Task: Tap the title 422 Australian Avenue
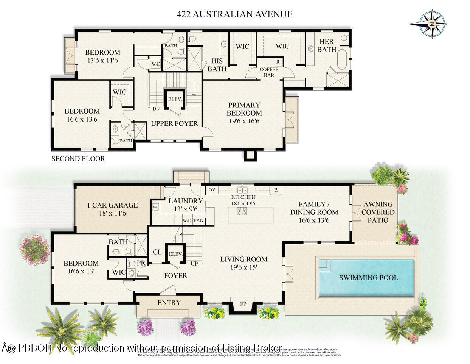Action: [x=234, y=14]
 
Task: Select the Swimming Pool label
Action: [x=368, y=278]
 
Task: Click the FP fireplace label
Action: [x=243, y=304]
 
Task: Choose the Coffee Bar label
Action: [x=269, y=72]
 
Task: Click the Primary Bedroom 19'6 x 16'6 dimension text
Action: [x=244, y=121]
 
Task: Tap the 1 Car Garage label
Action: [x=112, y=205]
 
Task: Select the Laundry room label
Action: [x=185, y=201]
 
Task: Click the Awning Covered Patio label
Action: [x=378, y=212]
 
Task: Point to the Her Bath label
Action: [x=327, y=45]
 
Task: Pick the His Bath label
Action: [x=217, y=65]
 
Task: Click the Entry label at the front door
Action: [x=169, y=303]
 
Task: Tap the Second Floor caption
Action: [x=78, y=159]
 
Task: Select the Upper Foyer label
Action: [x=174, y=123]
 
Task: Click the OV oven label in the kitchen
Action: [x=212, y=189]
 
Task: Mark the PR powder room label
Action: [x=141, y=262]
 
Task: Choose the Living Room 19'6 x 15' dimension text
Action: [x=244, y=267]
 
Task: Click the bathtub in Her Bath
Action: [x=342, y=59]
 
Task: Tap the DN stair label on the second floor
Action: [x=156, y=109]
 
